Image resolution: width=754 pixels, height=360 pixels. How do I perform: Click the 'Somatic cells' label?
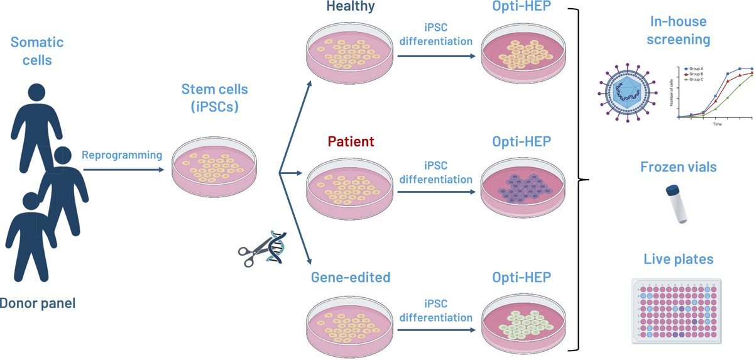[37, 52]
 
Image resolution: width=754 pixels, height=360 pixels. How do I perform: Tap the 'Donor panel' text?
[37, 304]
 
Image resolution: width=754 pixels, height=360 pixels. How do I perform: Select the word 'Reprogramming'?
[122, 155]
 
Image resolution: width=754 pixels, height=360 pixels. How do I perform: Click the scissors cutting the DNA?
[251, 251]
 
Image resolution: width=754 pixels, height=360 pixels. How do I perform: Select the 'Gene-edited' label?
[350, 277]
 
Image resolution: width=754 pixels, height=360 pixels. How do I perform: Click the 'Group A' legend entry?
[695, 68]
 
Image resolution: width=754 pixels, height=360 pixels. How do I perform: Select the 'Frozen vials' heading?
[678, 167]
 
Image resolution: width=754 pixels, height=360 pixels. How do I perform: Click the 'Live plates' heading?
[678, 259]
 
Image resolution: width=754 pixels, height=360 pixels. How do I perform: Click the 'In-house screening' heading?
[678, 30]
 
